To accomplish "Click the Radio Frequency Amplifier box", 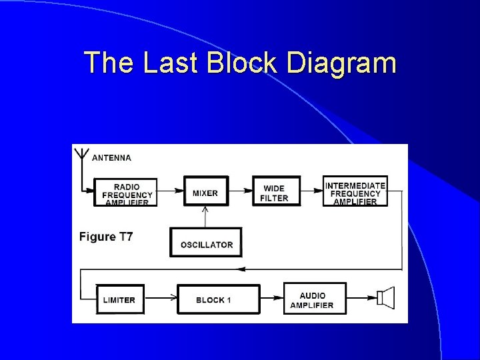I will pyautogui.click(x=127, y=192).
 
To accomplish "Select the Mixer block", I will pyautogui.click(x=205, y=192).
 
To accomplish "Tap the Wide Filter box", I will pyautogui.click(x=276, y=192).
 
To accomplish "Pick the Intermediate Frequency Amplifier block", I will pyautogui.click(x=355, y=192).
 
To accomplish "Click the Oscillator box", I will pyautogui.click(x=206, y=243).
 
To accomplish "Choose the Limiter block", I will pyautogui.click(x=119, y=299).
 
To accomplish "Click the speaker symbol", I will pyautogui.click(x=386, y=299).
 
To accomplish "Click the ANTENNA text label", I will pyautogui.click(x=112, y=158).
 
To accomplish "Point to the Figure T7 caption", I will pyautogui.click(x=106, y=237).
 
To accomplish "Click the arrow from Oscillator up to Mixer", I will pyautogui.click(x=205, y=217).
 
